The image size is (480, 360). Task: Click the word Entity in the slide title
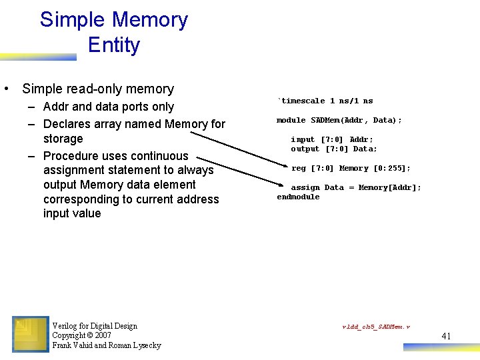pyautogui.click(x=113, y=45)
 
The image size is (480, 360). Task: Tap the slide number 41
pyautogui.click(x=446, y=336)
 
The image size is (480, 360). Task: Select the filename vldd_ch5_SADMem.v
pyautogui.click(x=376, y=327)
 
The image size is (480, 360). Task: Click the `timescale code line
pyautogui.click(x=325, y=101)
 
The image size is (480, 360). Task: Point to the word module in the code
pyautogui.click(x=291, y=121)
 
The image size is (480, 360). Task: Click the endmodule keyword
pyautogui.click(x=298, y=197)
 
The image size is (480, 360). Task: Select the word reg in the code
pyautogui.click(x=299, y=169)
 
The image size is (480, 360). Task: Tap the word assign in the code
pyautogui.click(x=305, y=188)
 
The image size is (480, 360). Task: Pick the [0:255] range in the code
pyautogui.click(x=392, y=169)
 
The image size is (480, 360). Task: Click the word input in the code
pyautogui.click(x=303, y=140)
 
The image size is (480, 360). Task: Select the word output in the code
pyautogui.click(x=305, y=149)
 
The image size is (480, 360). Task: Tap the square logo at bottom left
pyautogui.click(x=31, y=335)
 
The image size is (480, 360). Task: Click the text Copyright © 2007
pyautogui.click(x=81, y=335)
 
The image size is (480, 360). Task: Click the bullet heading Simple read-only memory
pyautogui.click(x=98, y=89)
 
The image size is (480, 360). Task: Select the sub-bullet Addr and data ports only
pyautogui.click(x=108, y=107)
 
